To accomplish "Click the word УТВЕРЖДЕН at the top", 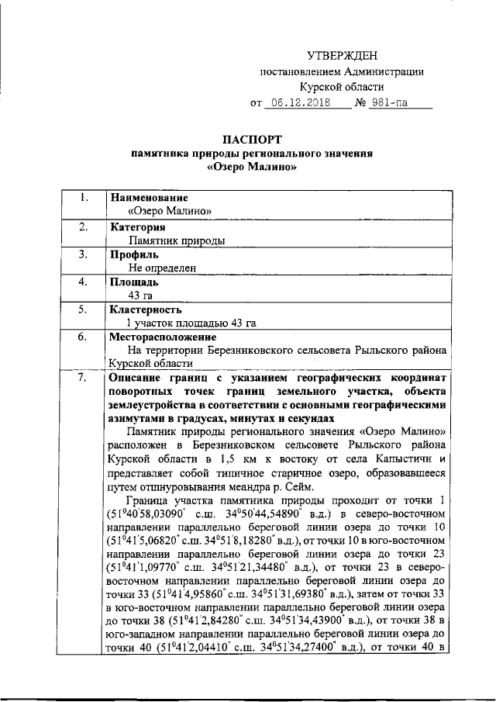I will pyautogui.click(x=342, y=55).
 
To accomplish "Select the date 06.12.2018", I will pyautogui.click(x=297, y=102).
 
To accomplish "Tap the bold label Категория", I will pyautogui.click(x=139, y=227).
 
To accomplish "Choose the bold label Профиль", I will pyautogui.click(x=135, y=254).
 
